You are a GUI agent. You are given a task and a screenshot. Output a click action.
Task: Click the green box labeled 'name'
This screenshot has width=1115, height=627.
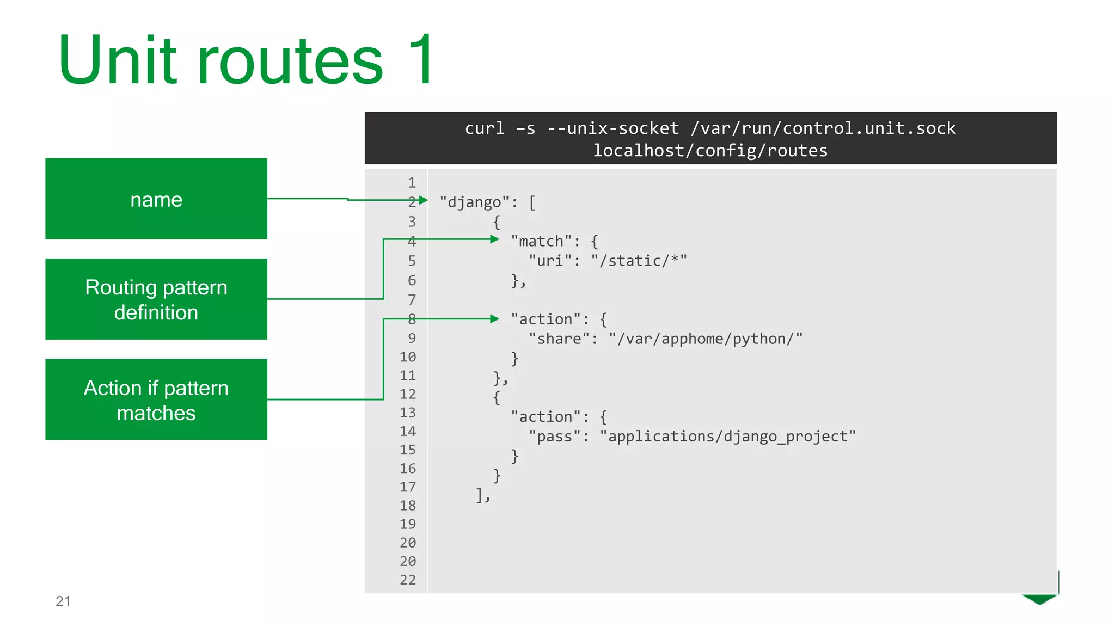coord(156,199)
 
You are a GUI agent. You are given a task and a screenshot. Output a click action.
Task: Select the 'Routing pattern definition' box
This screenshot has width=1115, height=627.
coord(156,299)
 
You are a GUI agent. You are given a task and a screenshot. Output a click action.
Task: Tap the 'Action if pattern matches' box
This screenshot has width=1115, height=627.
coord(156,399)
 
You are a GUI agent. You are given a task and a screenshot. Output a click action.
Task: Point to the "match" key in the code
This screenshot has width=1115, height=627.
coord(541,241)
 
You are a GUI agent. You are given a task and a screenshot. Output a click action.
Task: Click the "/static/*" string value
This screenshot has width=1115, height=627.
coord(639,261)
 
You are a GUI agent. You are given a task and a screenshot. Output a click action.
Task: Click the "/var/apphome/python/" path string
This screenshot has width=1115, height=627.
coord(706,339)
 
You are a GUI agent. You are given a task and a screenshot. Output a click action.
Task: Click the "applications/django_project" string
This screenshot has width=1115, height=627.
coord(728,436)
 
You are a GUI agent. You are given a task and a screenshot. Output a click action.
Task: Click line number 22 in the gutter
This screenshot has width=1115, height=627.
coord(408,580)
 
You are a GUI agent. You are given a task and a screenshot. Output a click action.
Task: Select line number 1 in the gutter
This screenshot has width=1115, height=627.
coord(412,183)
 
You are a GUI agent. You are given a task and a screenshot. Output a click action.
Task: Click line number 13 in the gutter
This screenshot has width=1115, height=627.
coord(408,413)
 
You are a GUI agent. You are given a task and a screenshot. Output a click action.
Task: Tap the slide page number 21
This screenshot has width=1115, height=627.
coord(63,601)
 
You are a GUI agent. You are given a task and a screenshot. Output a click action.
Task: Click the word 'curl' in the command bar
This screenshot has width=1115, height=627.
coord(484,128)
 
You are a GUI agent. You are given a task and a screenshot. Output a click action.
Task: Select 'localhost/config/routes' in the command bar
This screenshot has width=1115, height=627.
coord(710,150)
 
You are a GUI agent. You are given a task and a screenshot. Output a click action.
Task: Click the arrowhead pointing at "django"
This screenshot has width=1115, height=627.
coord(423,200)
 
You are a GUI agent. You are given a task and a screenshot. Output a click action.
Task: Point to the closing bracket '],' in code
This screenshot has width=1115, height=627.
coord(483,495)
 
